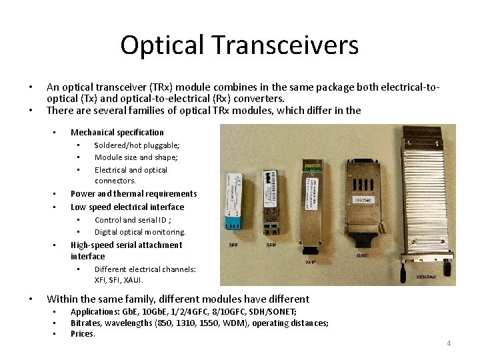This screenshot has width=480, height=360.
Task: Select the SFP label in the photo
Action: [271, 245]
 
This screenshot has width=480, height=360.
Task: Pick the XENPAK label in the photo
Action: [427, 277]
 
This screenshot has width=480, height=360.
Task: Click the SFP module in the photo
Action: [271, 197]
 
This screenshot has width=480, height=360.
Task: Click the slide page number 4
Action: [449, 343]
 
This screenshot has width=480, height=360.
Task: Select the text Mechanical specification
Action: [117, 132]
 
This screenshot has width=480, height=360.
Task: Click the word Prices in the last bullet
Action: [83, 333]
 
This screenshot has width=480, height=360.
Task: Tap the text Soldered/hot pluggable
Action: [137, 145]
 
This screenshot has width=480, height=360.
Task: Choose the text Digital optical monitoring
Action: [140, 232]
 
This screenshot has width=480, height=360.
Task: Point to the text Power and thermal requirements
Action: [133, 193]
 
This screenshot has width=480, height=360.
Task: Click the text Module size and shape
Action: [136, 157]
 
